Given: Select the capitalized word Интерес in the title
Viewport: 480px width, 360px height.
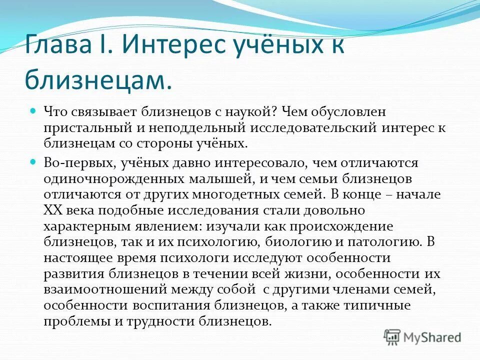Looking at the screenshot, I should (x=174, y=47).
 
